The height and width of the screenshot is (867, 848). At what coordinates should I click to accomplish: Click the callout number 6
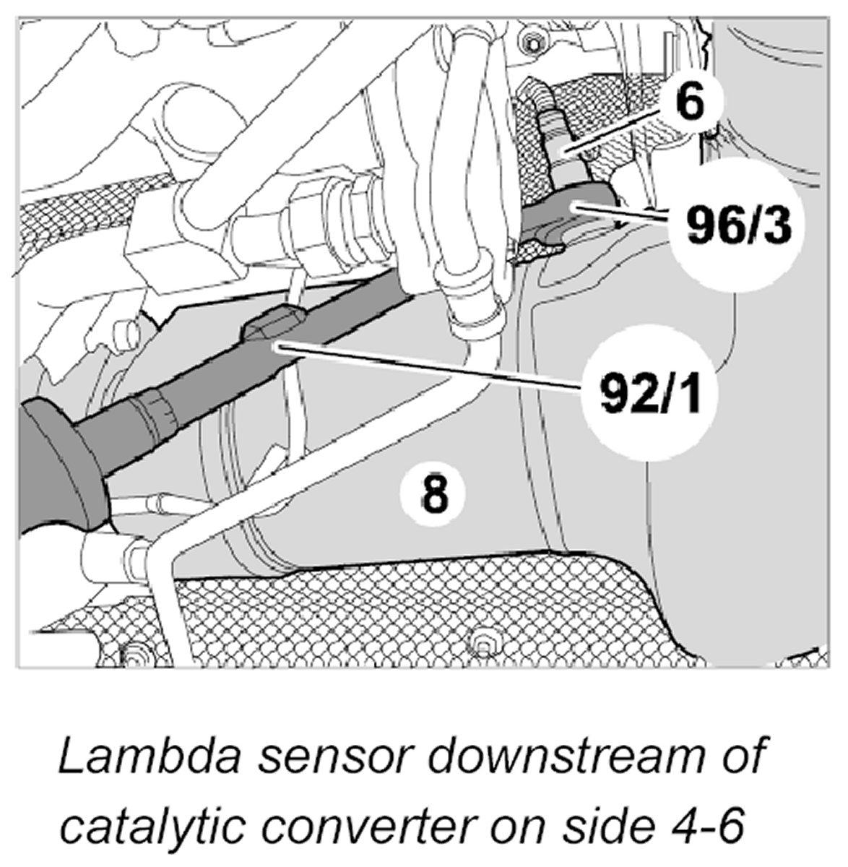(x=689, y=103)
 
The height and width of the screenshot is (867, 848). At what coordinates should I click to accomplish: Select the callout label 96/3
(x=730, y=225)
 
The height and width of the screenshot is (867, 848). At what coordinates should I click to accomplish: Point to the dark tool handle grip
(x=54, y=462)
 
